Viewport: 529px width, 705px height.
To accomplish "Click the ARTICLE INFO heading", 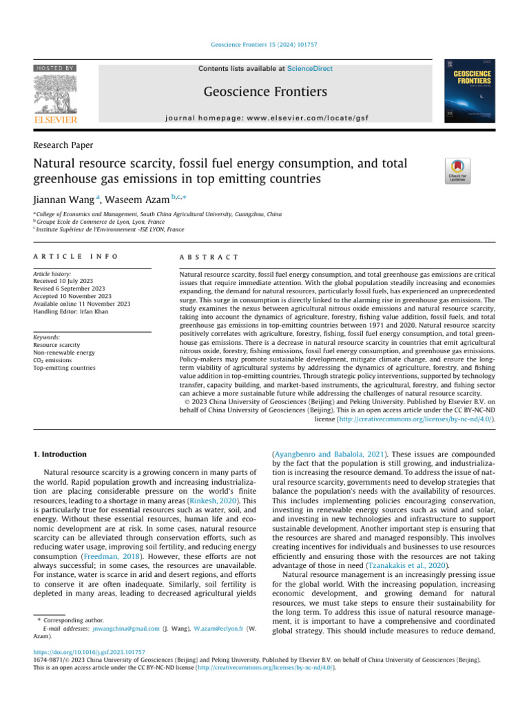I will point(76,255).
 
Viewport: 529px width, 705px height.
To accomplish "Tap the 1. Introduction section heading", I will point(61,435).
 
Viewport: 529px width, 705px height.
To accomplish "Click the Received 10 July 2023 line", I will point(65,282).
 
